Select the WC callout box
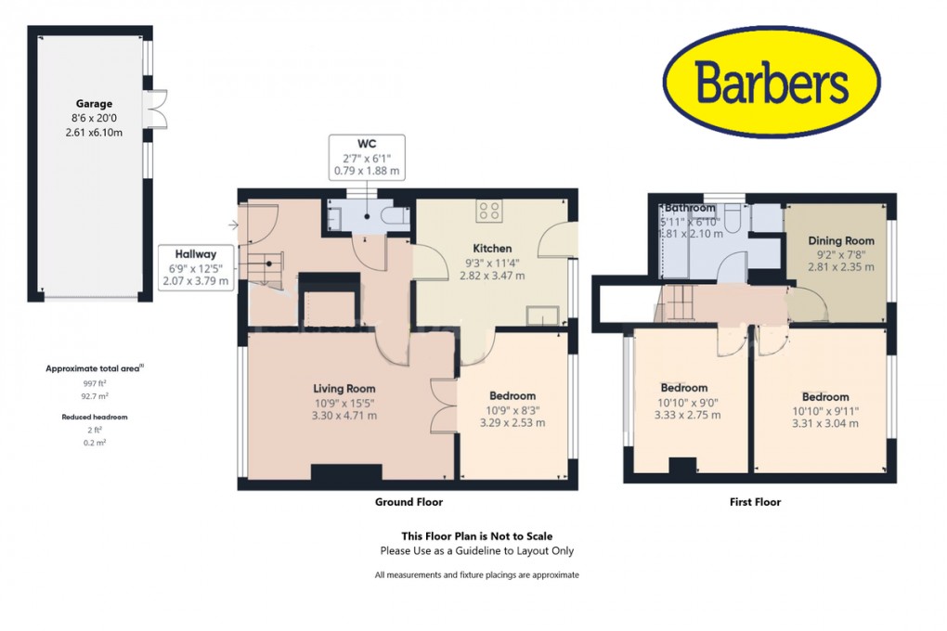pos(367,157)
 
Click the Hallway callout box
pos(196,267)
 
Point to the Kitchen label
pos(492,249)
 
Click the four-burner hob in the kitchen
pos(489,211)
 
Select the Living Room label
pos(344,389)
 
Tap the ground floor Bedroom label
pos(512,396)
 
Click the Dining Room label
pos(840,240)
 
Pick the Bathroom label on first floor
pos(690,208)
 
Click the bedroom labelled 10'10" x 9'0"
pos(684,388)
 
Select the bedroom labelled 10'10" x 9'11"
pos(821,397)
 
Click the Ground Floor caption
pos(409,502)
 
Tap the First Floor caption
pos(754,502)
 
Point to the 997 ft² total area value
pos(93,382)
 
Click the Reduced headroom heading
pos(94,418)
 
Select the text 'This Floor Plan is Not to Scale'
pos(476,536)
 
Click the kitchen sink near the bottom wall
pos(544,316)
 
